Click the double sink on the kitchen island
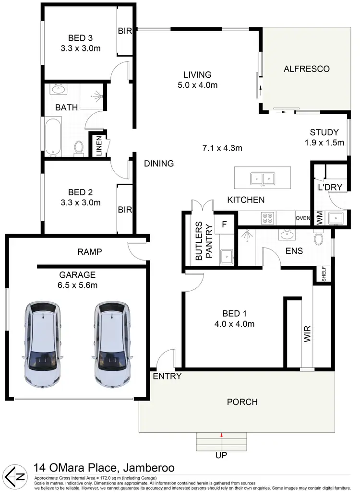click(263, 179)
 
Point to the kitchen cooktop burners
click(267, 218)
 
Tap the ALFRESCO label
click(307, 69)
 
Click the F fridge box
click(224, 224)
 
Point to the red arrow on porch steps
click(221, 435)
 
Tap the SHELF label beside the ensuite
click(324, 275)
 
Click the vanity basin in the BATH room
click(60, 89)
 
